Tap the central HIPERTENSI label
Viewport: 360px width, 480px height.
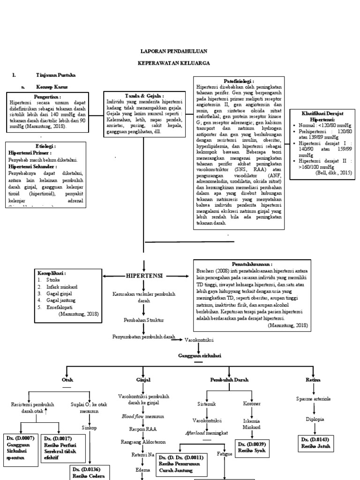coord(144,276)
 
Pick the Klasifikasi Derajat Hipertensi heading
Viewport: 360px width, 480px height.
coord(323,116)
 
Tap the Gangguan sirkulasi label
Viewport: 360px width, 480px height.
coord(199,356)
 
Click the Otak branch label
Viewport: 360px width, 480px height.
coord(67,380)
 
